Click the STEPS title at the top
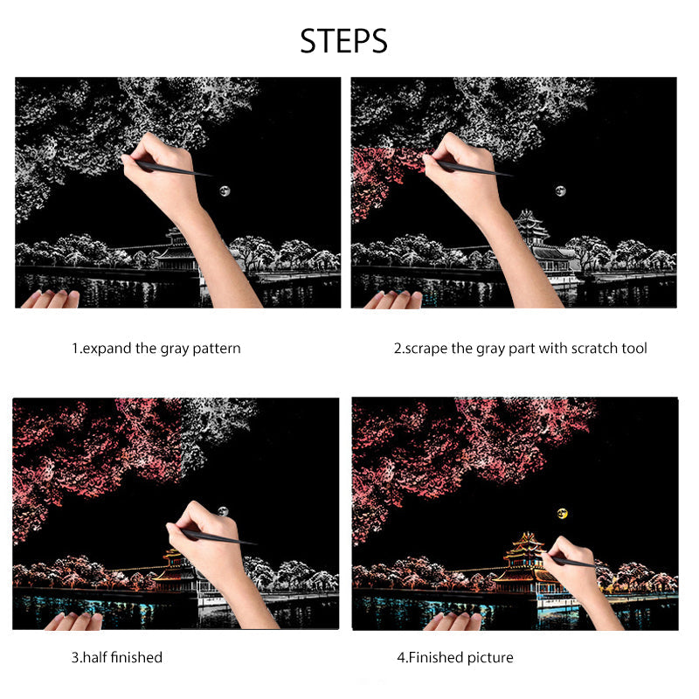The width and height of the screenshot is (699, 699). tap(343, 40)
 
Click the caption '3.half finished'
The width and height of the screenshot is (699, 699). tap(116, 657)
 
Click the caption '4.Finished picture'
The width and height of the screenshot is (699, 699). tap(454, 657)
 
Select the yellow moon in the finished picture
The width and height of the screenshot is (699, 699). tap(562, 513)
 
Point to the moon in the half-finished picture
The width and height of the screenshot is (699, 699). tap(224, 510)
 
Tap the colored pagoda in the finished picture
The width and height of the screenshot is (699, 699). tap(523, 559)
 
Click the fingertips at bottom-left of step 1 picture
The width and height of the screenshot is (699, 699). tap(50, 299)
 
